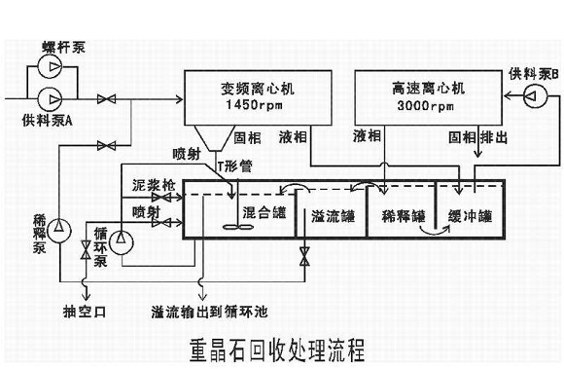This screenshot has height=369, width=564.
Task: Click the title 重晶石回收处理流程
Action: [x=276, y=349]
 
